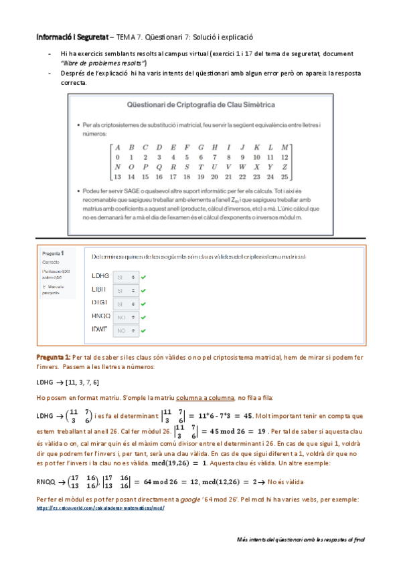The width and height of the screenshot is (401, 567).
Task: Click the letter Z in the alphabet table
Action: tap(285, 166)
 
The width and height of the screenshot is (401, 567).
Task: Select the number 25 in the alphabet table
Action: tap(285, 177)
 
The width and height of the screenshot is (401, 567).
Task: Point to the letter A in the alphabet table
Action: tap(117, 147)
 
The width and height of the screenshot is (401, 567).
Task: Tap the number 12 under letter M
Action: tap(285, 157)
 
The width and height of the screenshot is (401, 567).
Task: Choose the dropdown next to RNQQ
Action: tap(125, 317)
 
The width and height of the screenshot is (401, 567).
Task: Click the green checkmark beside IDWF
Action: tap(144, 330)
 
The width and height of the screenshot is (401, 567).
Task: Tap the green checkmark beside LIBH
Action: tap(144, 289)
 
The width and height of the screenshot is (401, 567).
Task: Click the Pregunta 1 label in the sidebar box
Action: tap(53, 254)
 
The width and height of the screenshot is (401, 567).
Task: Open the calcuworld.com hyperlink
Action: tap(100, 507)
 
